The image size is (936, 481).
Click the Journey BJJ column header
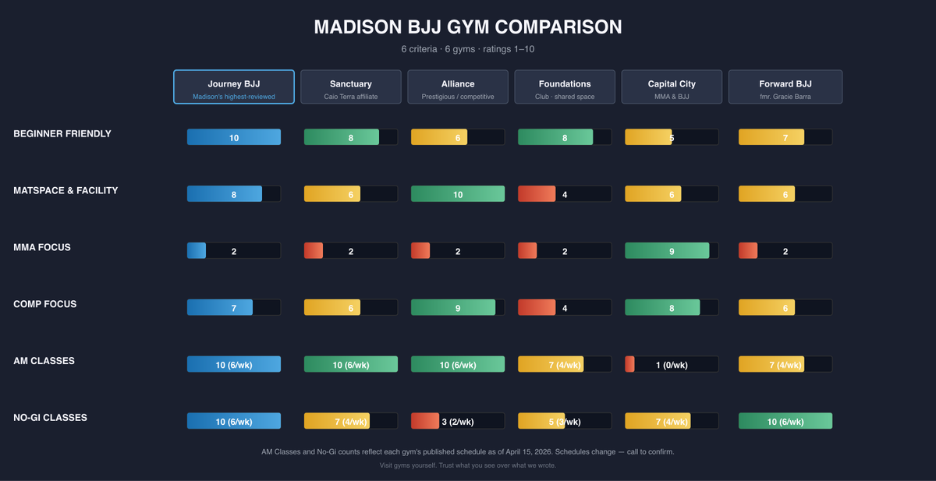coord(234,87)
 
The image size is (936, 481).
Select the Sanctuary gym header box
coord(351,87)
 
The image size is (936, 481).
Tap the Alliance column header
coord(458,87)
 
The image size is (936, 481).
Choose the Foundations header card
coord(565,87)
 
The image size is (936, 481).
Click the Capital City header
coord(672,87)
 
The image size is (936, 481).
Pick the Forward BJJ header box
coord(785,87)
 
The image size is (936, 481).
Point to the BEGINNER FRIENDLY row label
coord(62,134)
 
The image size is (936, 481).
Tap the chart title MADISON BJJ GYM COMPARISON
coord(468,27)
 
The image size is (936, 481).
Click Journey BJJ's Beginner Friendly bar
coord(234,137)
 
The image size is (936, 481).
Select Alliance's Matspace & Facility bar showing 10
coord(458,194)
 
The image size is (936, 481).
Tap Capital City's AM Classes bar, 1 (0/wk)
coord(672,364)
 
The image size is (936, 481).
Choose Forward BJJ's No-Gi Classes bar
coord(785,421)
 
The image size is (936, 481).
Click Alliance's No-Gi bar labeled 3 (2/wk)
coord(458,421)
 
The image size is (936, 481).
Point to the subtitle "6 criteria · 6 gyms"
coord(468,49)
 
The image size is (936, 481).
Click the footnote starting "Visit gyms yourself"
coord(468,465)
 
